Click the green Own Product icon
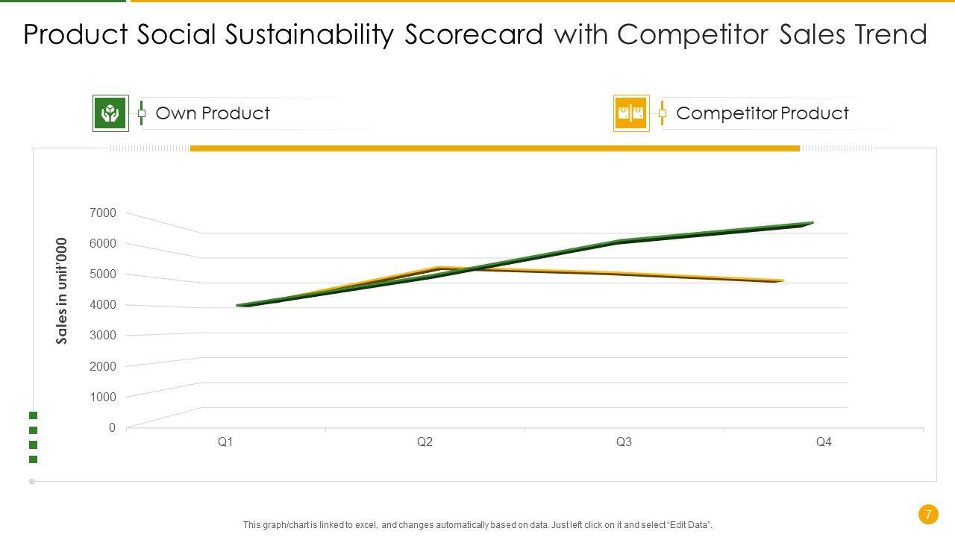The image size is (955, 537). point(110,113)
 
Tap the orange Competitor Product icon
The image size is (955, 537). point(631,113)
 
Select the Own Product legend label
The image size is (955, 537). point(213,113)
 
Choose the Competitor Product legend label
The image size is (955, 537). point(762,113)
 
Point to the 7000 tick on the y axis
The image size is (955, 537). point(103,213)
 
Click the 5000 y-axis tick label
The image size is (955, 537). point(103,274)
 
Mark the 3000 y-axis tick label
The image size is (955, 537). point(103,336)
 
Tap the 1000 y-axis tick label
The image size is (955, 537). point(103,397)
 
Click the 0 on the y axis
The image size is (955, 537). point(112,428)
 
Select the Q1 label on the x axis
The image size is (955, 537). point(225,442)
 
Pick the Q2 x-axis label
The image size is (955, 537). point(425,442)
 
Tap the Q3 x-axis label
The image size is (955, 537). point(624,442)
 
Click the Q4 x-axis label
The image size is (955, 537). point(824,442)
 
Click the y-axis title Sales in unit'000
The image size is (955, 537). point(62,291)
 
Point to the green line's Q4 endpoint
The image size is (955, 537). point(811,222)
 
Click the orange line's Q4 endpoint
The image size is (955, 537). point(781,281)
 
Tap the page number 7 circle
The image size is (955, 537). point(928,515)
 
